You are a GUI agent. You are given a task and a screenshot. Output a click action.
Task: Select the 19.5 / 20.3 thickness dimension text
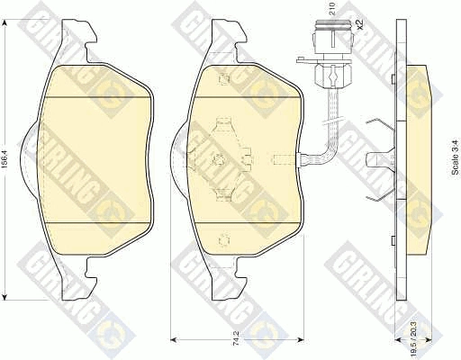point(414,339)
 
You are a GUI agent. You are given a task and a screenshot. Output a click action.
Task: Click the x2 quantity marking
point(359,23)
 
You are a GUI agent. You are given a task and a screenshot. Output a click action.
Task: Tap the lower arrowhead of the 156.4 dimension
point(5,295)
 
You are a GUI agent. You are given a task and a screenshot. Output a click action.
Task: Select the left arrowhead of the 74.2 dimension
point(174,339)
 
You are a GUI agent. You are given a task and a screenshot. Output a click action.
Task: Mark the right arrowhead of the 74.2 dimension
point(300,339)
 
